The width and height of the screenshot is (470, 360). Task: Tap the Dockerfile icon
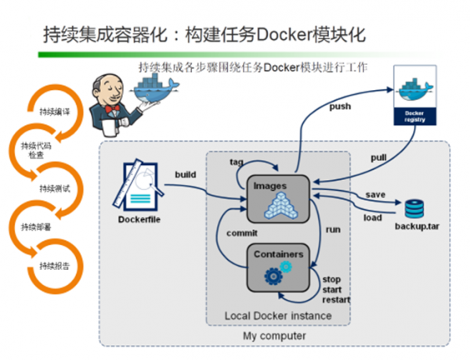(143, 188)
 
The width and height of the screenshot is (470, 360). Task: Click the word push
(341, 106)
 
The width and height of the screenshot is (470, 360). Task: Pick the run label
(331, 229)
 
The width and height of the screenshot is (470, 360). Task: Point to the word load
(373, 218)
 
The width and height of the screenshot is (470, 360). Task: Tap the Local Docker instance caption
(278, 315)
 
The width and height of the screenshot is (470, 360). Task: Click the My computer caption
(275, 337)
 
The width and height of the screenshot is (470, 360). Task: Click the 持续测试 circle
(54, 189)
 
